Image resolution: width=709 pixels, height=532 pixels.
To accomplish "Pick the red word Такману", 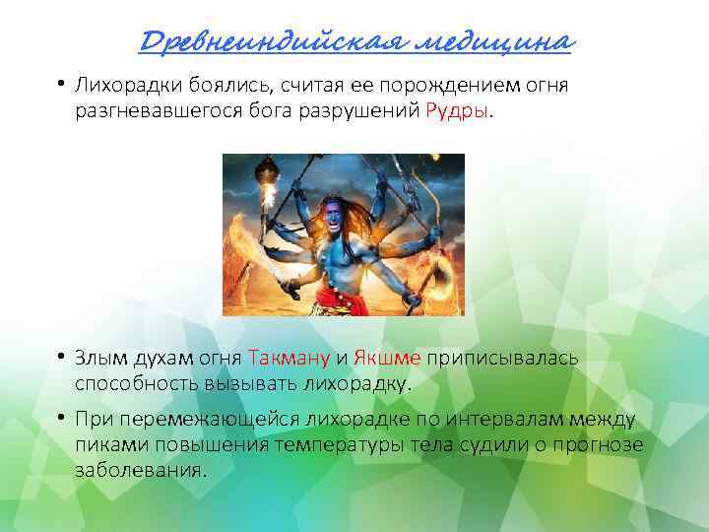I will click(290, 357).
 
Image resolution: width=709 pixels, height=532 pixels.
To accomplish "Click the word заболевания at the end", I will click(139, 470).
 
